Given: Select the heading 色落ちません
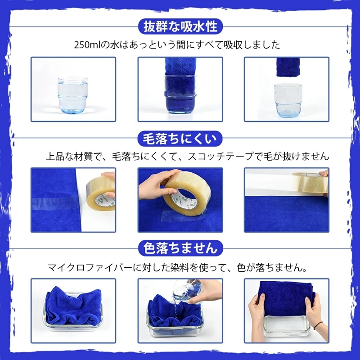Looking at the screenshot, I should (x=180, y=247).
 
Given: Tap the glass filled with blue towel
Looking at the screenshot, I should (x=180, y=92).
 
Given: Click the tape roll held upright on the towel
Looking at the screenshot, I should (x=187, y=193).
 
